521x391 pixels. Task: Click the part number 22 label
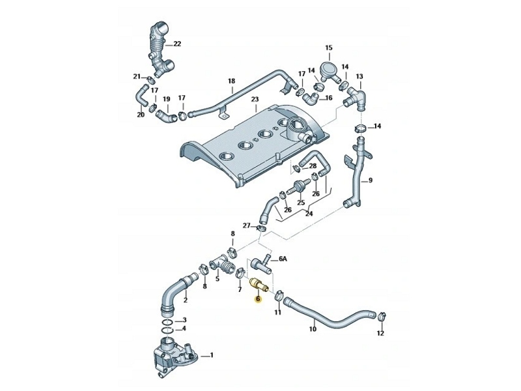click(177, 44)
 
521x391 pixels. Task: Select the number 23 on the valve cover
click(255, 100)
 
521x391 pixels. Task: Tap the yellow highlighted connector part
click(259, 285)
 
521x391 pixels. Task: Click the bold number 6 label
click(259, 300)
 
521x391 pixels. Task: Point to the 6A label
click(282, 259)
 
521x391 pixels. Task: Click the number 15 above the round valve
click(329, 48)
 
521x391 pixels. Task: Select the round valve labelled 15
click(328, 70)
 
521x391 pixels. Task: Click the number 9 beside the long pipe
click(371, 181)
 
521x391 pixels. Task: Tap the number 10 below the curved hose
click(313, 329)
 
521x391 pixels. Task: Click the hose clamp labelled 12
click(381, 317)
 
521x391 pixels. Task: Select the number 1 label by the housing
click(210, 356)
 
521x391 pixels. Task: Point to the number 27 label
click(247, 225)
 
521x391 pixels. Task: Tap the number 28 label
click(312, 166)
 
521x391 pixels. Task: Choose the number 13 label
click(359, 76)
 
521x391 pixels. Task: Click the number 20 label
click(141, 115)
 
